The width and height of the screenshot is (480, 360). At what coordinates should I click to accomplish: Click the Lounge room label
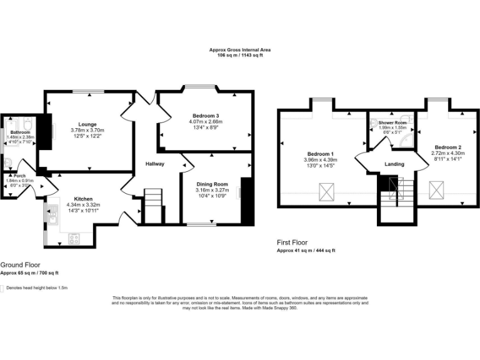(x=87, y=124)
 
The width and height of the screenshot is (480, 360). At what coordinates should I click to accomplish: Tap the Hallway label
(x=155, y=164)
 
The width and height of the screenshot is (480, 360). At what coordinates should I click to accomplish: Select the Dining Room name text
(x=212, y=184)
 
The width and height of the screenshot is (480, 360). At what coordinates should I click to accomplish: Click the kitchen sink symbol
(x=49, y=216)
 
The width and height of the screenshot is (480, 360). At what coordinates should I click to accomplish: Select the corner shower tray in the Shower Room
(x=406, y=140)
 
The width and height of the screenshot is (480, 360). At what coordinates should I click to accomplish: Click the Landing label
(x=394, y=164)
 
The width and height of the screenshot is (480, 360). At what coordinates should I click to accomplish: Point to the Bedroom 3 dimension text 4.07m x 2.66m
(x=206, y=121)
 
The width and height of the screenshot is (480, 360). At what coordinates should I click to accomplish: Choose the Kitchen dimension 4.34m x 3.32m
(x=83, y=205)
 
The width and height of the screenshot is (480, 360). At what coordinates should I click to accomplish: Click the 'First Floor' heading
(x=292, y=242)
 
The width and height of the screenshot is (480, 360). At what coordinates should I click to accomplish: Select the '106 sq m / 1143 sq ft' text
(x=240, y=56)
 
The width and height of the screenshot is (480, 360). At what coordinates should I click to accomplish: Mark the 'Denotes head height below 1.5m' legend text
(x=36, y=288)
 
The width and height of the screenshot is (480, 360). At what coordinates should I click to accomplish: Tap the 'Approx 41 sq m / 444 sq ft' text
(x=306, y=250)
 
